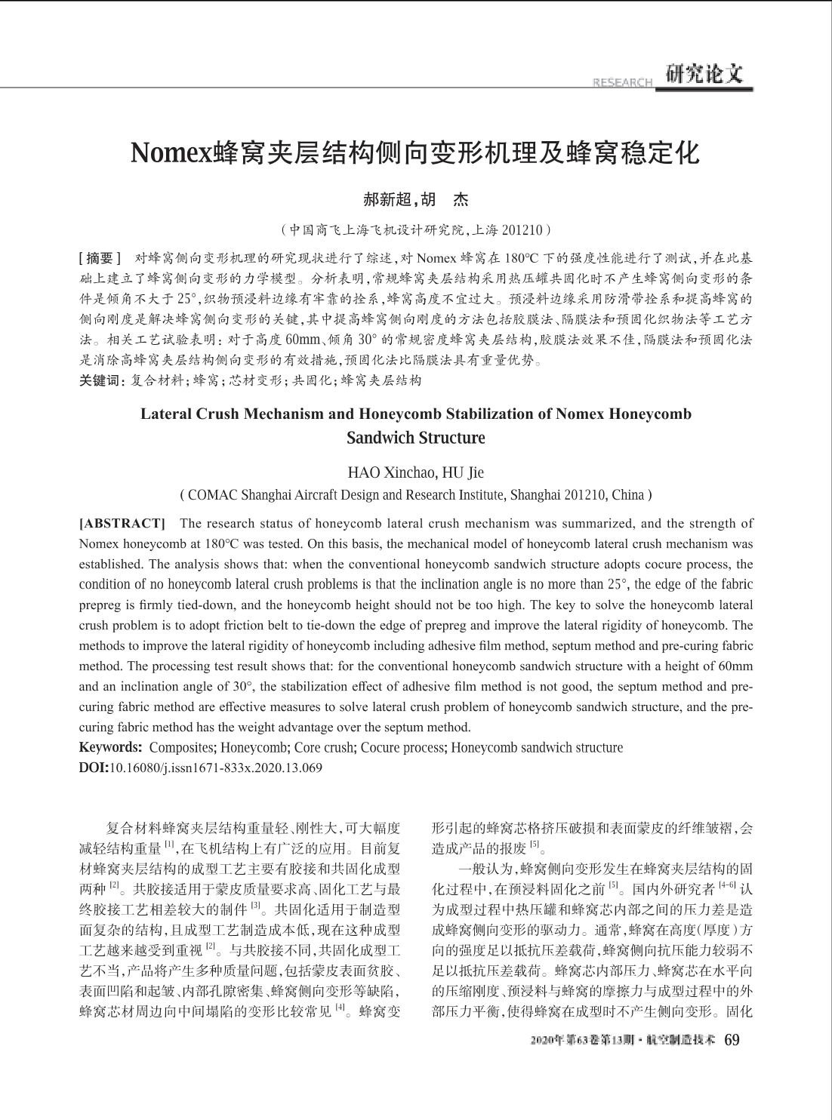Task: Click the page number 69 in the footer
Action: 732,1040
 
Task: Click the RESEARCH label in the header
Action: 623,82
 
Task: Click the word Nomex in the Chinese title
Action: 172,153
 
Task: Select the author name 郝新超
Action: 388,200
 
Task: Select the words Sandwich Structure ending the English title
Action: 415,438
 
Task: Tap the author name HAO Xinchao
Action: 390,473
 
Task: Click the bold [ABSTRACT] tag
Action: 122,523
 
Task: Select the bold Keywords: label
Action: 111,748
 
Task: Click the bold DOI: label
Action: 94,768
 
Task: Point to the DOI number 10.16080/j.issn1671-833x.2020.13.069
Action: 216,768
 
